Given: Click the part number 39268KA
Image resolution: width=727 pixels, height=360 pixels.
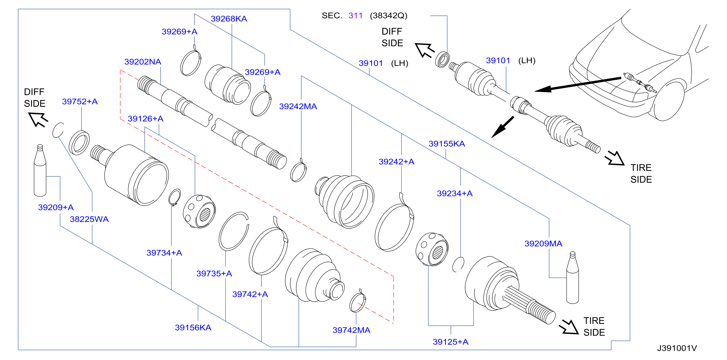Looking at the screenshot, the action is (x=229, y=19).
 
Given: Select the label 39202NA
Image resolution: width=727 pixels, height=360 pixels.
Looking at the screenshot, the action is (x=143, y=62).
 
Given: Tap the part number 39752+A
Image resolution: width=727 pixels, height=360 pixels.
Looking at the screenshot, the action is (x=80, y=101).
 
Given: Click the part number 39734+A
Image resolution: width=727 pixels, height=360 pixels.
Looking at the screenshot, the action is (x=164, y=253).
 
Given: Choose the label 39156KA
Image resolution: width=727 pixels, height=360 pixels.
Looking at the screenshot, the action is (x=193, y=327).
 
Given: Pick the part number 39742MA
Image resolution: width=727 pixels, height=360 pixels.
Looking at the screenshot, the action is (x=351, y=330).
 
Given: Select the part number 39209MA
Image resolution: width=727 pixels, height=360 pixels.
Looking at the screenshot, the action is (x=543, y=244).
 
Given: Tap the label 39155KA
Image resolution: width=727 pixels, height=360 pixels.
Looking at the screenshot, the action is (x=447, y=144).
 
